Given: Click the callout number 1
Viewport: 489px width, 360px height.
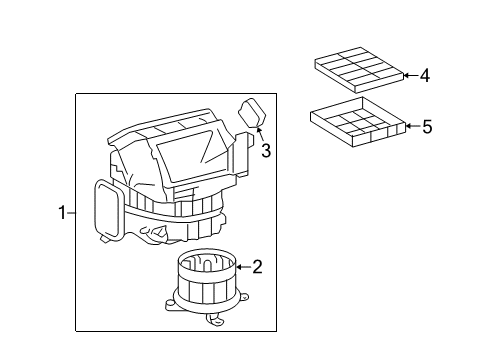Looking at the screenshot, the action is coord(62,213).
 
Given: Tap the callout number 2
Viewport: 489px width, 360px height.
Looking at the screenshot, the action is coord(257,266).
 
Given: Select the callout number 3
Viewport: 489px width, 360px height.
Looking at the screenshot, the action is coord(266,151).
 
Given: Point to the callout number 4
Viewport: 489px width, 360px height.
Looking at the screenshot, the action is coord(425,75).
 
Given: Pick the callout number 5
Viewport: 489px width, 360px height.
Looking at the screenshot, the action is coord(427,126).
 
